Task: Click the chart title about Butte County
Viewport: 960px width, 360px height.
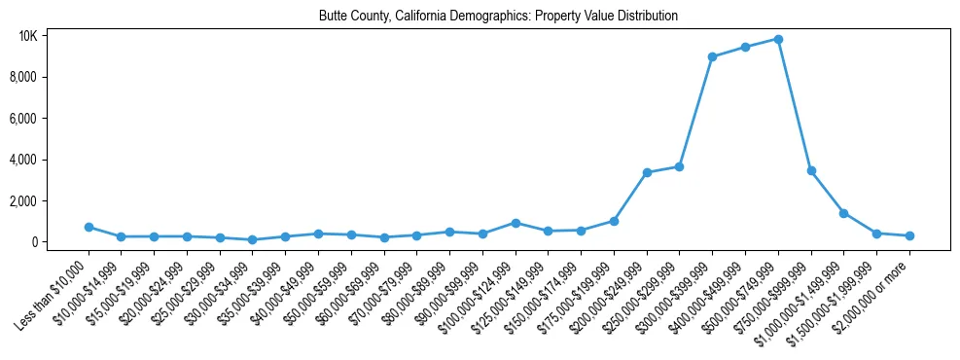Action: click(498, 16)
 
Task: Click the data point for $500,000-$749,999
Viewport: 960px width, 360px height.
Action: click(778, 39)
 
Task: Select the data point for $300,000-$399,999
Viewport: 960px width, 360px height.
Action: click(713, 56)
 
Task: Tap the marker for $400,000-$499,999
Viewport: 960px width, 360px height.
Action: click(745, 47)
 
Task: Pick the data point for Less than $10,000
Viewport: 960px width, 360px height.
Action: click(89, 227)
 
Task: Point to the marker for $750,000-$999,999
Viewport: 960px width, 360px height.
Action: click(811, 170)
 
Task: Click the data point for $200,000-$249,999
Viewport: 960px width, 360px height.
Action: click(647, 172)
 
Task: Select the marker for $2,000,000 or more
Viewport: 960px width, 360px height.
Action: click(909, 235)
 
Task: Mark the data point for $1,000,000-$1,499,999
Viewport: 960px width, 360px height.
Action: click(844, 213)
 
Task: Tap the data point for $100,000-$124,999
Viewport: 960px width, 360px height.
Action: click(516, 223)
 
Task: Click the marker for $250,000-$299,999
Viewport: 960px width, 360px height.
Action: click(680, 166)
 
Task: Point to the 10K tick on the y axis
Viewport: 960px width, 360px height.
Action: click(27, 36)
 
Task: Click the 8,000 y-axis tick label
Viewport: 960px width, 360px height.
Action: click(23, 77)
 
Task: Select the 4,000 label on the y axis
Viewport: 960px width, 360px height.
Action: click(23, 160)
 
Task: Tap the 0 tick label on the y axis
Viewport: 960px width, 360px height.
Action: click(33, 242)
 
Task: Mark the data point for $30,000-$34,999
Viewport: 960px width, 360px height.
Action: click(253, 239)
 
